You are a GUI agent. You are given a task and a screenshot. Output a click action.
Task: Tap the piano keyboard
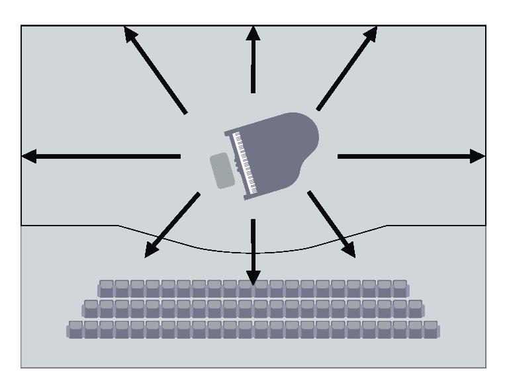[x=243, y=163]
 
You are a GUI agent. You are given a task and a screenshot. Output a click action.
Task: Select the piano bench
[x=222, y=171]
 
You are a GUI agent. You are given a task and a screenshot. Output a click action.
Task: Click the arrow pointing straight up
[x=253, y=60]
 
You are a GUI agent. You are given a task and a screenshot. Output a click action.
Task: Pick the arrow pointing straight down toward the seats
[x=253, y=251]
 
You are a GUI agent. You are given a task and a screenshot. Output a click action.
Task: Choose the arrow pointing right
[x=410, y=156]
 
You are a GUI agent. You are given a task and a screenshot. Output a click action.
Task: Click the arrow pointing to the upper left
[x=156, y=69]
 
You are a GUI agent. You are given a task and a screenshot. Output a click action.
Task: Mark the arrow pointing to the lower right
[x=332, y=224]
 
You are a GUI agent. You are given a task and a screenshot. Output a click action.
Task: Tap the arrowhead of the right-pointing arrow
[x=478, y=156]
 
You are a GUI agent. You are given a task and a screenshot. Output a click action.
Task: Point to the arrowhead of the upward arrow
[x=253, y=33]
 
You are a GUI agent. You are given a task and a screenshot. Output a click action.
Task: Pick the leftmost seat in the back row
[x=76, y=329]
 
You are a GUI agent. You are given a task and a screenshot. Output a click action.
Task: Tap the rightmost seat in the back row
[x=431, y=329]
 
